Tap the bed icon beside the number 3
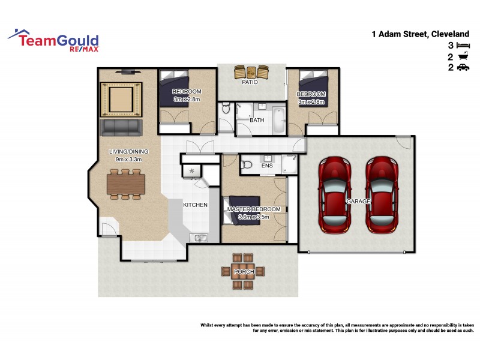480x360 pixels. coord(463,46)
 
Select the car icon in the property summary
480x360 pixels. coord(463,68)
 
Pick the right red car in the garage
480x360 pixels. coord(382,195)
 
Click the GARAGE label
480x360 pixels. coord(358,202)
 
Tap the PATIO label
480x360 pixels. coord(250,82)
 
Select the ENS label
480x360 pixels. coord(268,166)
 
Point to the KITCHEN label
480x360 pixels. coord(195,205)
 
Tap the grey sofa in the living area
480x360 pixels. coord(122,127)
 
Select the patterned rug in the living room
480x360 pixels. coord(122,100)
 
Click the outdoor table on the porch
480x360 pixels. coord(244,272)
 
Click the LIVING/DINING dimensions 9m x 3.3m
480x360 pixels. coord(128,159)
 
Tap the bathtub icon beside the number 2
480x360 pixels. coord(463,57)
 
